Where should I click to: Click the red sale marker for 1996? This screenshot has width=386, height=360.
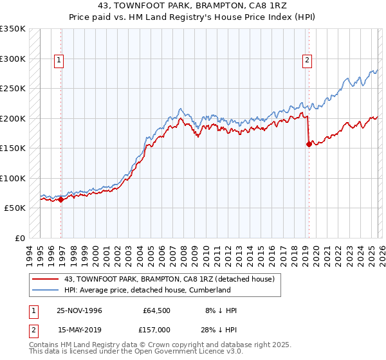[61, 199]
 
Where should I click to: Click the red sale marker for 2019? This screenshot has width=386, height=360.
[309, 144]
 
